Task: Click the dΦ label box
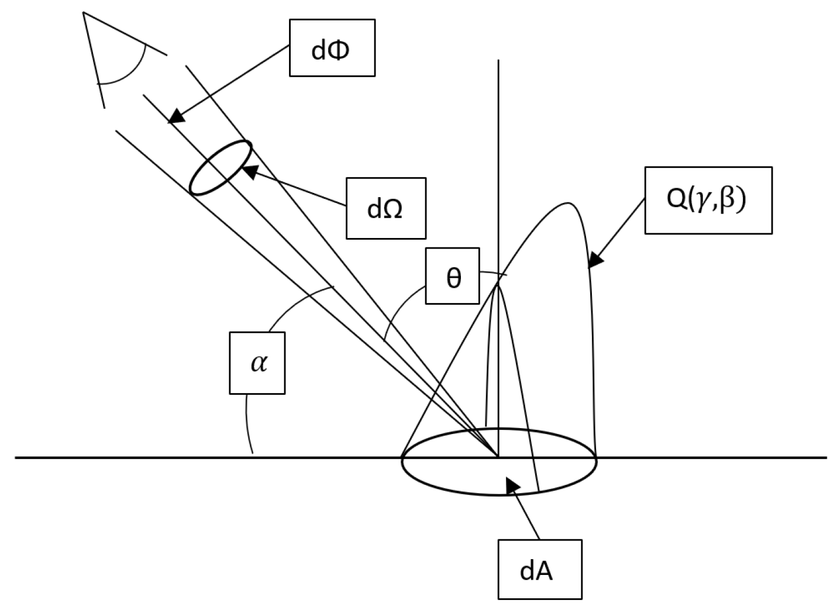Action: pos(332,48)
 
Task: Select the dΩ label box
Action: pos(385,208)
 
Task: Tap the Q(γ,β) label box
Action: pos(708,201)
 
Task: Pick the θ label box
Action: pos(452,276)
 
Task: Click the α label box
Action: pos(257,363)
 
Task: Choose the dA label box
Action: pos(540,570)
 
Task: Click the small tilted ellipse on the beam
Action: pos(221,168)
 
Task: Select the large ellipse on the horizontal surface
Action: pos(498,462)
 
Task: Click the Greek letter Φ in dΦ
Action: pos(339,50)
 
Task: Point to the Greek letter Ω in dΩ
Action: pos(392,209)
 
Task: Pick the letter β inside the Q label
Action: pos(726,201)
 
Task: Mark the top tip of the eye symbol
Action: pos(84,12)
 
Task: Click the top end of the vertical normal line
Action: pos(498,60)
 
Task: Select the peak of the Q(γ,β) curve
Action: pos(566,203)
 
